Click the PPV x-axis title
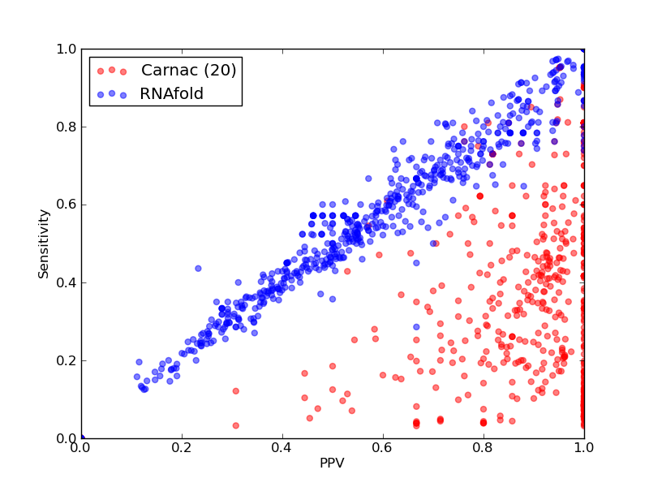pyautogui.click(x=332, y=463)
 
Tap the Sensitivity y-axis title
pyautogui.click(x=44, y=244)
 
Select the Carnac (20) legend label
pyautogui.click(x=189, y=70)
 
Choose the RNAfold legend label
pyautogui.click(x=172, y=93)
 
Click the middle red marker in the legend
pyautogui.click(x=112, y=70)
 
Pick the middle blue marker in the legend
pyautogui.click(x=112, y=93)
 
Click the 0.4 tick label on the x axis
pyautogui.click(x=282, y=448)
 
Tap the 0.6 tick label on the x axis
pyautogui.click(x=383, y=448)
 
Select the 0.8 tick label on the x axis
pyautogui.click(x=484, y=448)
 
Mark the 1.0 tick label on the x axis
pyautogui.click(x=584, y=448)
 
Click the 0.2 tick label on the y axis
pyautogui.click(x=67, y=360)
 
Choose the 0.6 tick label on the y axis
pyautogui.click(x=67, y=205)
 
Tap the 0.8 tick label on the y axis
pyautogui.click(x=67, y=127)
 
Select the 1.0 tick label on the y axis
pyautogui.click(x=67, y=49)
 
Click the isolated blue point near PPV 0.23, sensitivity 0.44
pyautogui.click(x=198, y=269)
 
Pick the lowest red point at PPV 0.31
pyautogui.click(x=236, y=425)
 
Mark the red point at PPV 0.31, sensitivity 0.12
pyautogui.click(x=236, y=391)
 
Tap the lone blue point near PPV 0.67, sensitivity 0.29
pyautogui.click(x=416, y=327)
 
